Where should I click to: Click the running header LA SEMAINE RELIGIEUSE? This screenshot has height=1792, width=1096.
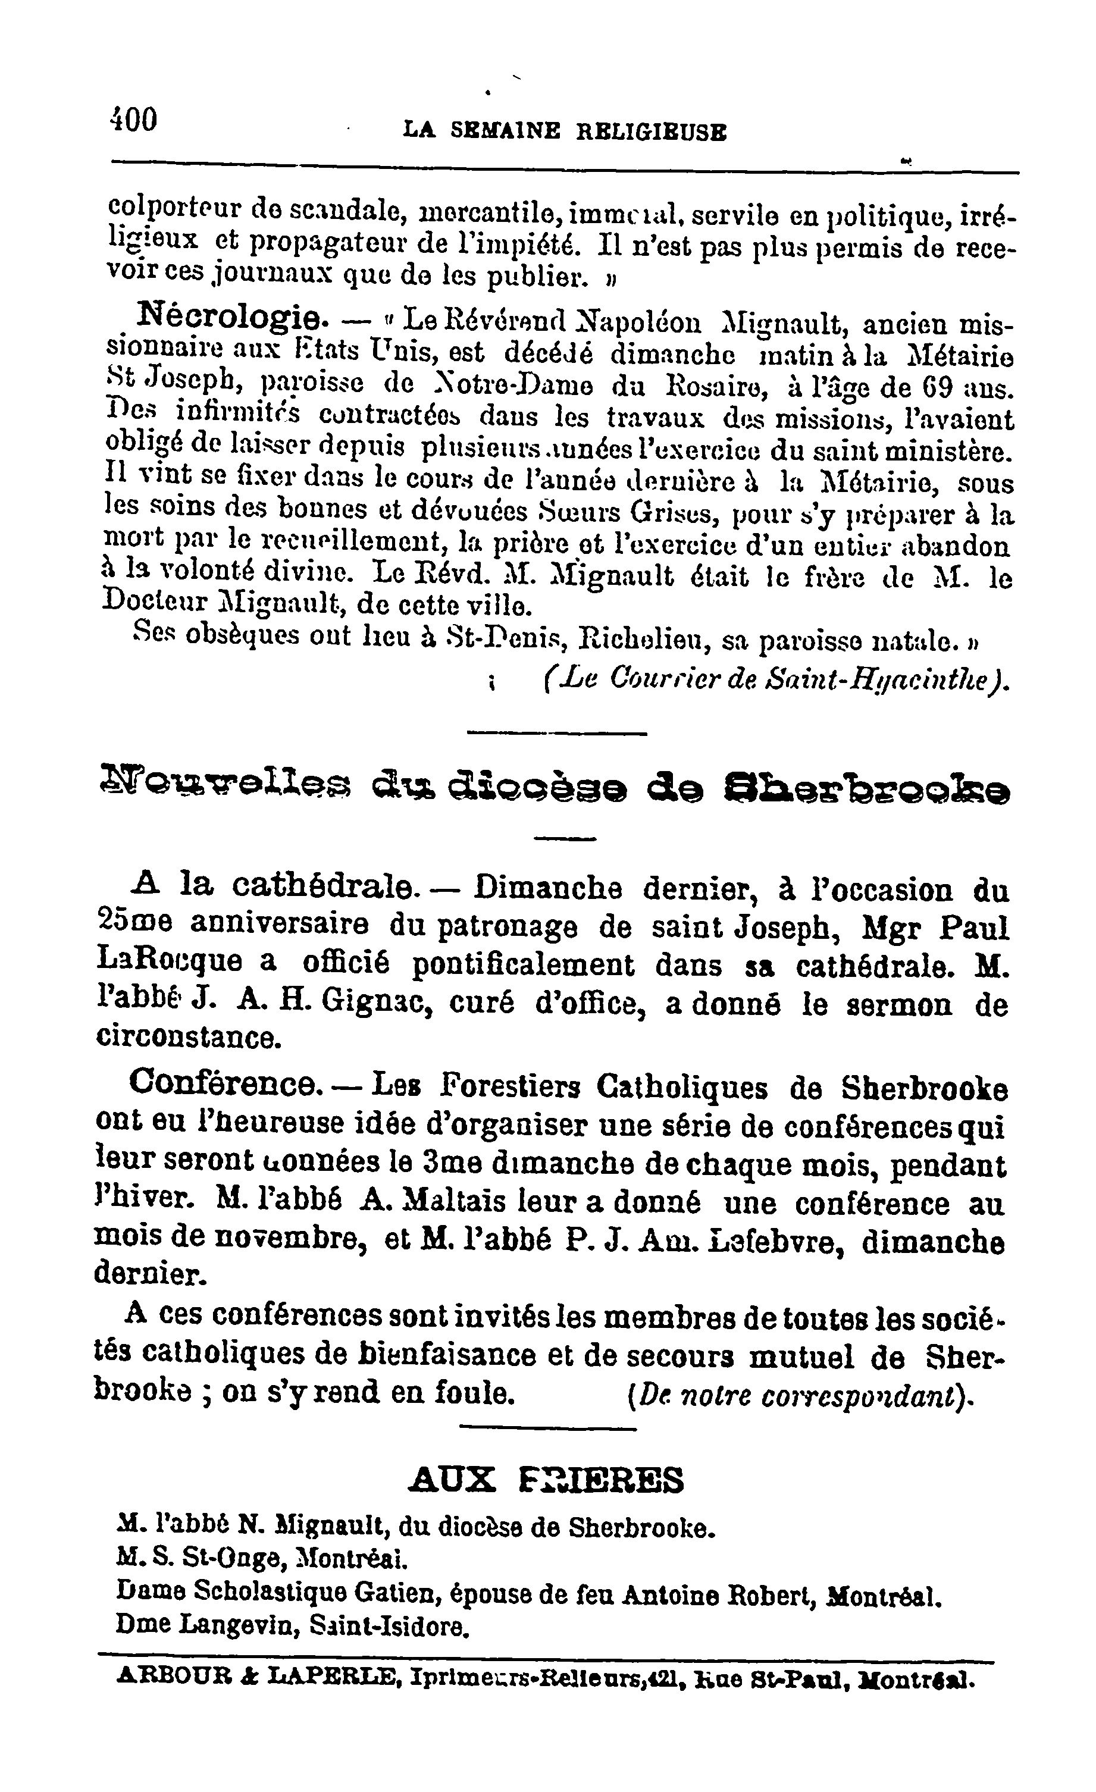[x=565, y=131]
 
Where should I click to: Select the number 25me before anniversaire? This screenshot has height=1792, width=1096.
[x=134, y=925]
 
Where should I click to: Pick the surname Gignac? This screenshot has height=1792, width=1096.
[x=377, y=1003]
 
